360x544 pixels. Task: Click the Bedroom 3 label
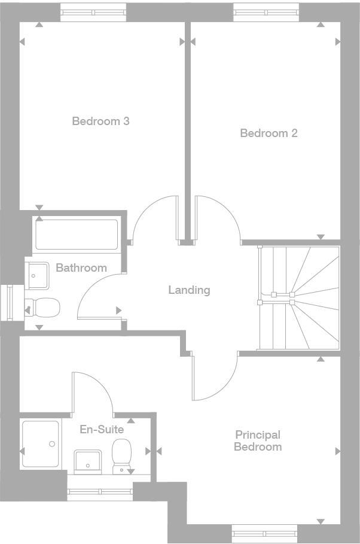click(100, 121)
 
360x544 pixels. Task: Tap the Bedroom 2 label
click(269, 133)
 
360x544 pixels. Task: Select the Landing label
click(189, 290)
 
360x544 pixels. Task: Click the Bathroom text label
click(81, 268)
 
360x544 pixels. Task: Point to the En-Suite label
click(102, 430)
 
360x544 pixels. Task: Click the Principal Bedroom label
click(258, 441)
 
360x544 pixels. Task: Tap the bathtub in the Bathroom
click(77, 235)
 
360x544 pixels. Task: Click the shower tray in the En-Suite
click(41, 444)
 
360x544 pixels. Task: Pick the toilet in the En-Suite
click(122, 456)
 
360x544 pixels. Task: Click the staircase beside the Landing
click(298, 297)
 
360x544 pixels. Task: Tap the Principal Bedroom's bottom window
click(264, 533)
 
